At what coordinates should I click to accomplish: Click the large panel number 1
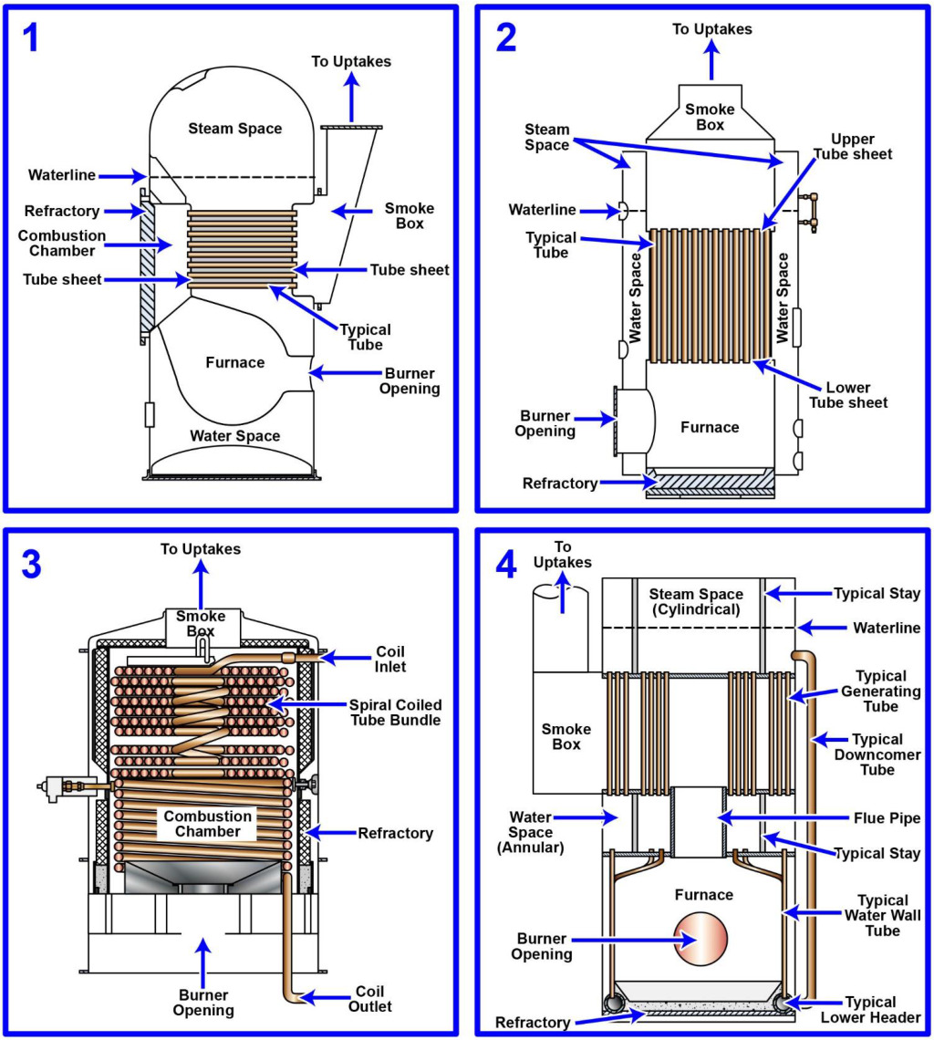coord(31,37)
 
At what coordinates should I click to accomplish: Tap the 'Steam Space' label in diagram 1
coord(235,129)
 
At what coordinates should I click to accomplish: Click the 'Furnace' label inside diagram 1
coord(234,362)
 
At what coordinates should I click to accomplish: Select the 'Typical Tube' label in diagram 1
coord(365,337)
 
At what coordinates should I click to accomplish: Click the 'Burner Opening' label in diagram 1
coord(410,381)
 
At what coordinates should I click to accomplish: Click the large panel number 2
coord(506,37)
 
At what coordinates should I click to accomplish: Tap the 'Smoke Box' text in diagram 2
coord(710,117)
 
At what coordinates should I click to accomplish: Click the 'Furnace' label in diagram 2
coord(710,427)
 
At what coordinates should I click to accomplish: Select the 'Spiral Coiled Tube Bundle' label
coord(395,713)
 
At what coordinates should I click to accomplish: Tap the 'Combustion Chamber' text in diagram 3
coord(208,824)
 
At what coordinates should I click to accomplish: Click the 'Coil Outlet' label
coord(370,998)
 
